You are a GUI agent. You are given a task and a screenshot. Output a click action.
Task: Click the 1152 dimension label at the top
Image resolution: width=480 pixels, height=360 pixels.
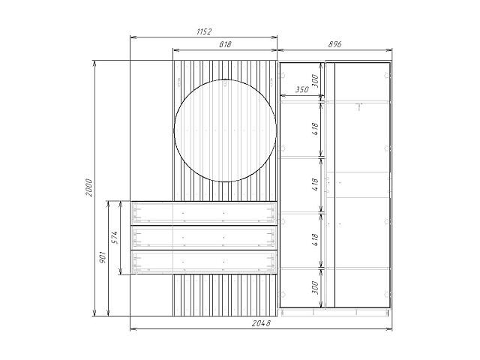point(204,31)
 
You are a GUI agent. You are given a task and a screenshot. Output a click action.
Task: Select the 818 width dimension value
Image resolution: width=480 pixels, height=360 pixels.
point(225,44)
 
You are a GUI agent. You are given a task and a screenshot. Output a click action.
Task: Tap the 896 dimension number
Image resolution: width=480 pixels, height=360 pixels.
point(334,44)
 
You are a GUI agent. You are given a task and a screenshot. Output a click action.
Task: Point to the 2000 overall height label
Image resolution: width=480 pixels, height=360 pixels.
point(88,187)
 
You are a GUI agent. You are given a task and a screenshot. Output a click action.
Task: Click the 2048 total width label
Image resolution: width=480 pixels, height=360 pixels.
point(261,323)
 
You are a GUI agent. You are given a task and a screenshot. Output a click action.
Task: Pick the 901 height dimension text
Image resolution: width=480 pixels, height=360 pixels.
point(103,257)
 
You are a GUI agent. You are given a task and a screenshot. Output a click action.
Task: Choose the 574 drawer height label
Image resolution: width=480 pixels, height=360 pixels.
point(114,238)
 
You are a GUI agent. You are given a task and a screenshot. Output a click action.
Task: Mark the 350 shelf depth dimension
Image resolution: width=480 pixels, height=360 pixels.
point(301,90)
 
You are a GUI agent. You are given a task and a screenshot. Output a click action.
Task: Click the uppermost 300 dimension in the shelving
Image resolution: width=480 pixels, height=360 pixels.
point(315,81)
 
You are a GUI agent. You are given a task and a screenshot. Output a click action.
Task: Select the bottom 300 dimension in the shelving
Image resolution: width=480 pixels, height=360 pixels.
point(315,288)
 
